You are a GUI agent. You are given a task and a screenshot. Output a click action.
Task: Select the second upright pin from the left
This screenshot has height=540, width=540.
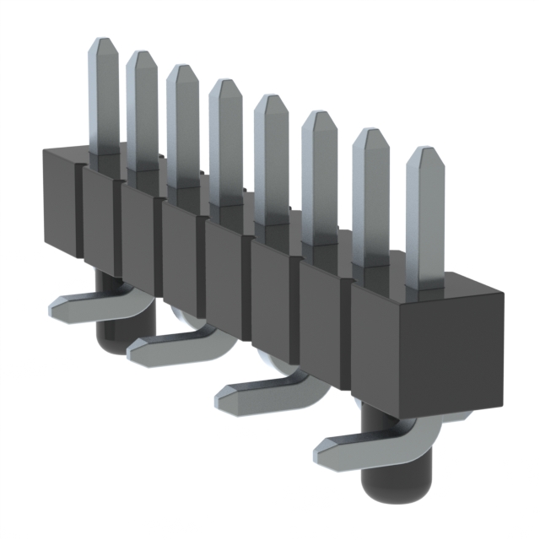[x=142, y=114]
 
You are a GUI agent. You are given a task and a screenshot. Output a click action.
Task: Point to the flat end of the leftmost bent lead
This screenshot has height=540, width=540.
[x=56, y=308]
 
